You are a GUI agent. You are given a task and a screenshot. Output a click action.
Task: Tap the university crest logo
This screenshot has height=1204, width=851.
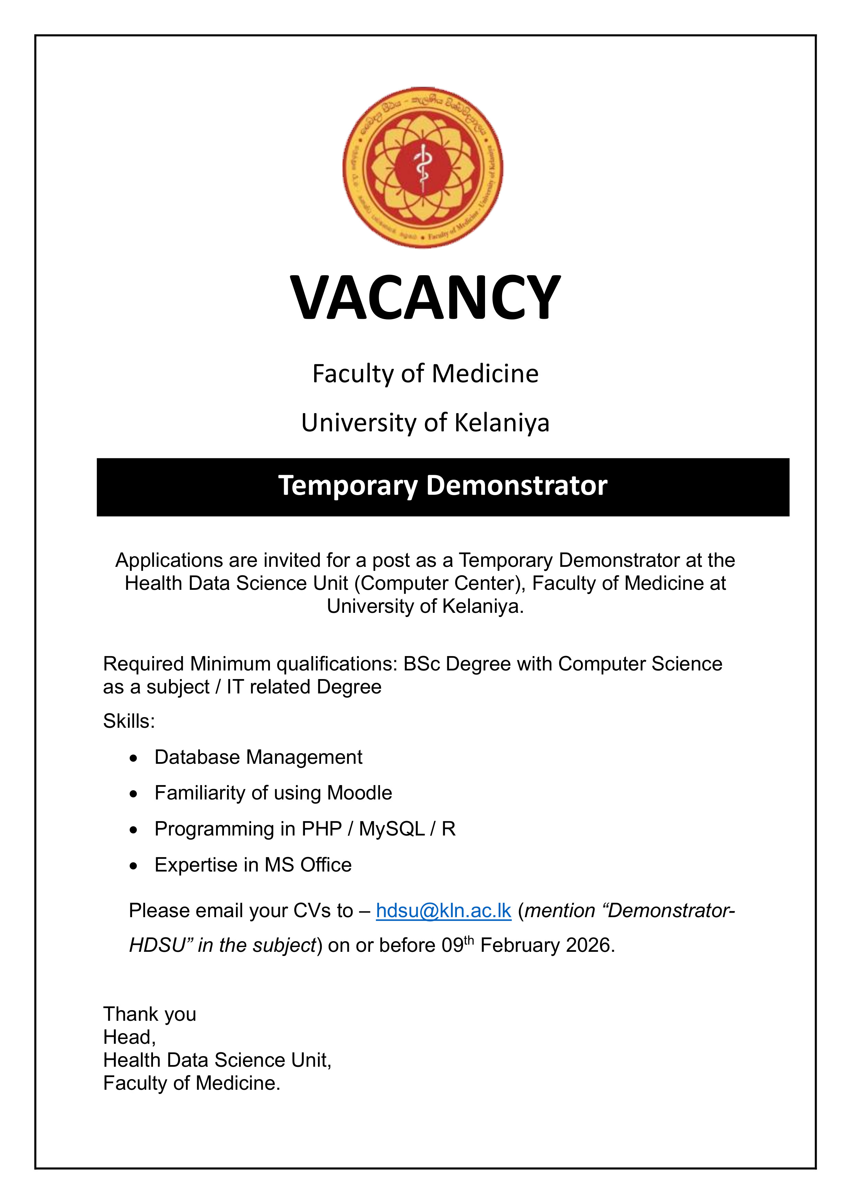coord(423,168)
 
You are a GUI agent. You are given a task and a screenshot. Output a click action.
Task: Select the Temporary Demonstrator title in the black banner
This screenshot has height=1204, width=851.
coord(442,486)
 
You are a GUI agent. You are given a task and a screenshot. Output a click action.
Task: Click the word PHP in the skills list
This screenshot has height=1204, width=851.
coord(321,829)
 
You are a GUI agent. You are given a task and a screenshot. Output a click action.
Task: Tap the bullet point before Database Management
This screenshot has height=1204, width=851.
coord(134,759)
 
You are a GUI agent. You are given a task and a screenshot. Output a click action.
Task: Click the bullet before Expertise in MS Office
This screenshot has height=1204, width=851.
coord(134,866)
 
